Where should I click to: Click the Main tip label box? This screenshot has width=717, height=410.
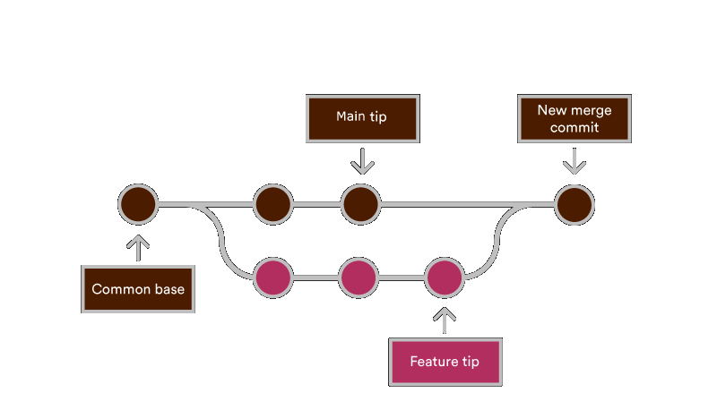(x=362, y=118)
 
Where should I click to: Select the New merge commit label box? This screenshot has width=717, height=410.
(x=574, y=118)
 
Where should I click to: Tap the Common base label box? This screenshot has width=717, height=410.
(x=138, y=288)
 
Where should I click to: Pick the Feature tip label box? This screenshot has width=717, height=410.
(x=445, y=362)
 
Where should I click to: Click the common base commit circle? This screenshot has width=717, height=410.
(x=138, y=204)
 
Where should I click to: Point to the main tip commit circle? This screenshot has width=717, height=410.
(x=360, y=204)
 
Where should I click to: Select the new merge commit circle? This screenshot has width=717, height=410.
(x=574, y=204)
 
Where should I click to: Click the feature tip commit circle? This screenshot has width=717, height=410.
(x=444, y=278)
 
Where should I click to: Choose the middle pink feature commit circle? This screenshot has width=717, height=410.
(x=358, y=278)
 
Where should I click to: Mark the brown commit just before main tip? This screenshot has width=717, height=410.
(x=272, y=204)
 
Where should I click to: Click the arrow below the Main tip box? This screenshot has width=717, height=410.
(x=362, y=162)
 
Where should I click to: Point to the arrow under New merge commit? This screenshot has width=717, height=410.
(x=574, y=162)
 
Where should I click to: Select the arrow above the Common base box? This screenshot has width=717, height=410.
(x=138, y=247)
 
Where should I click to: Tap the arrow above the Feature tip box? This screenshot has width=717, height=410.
(x=445, y=320)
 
